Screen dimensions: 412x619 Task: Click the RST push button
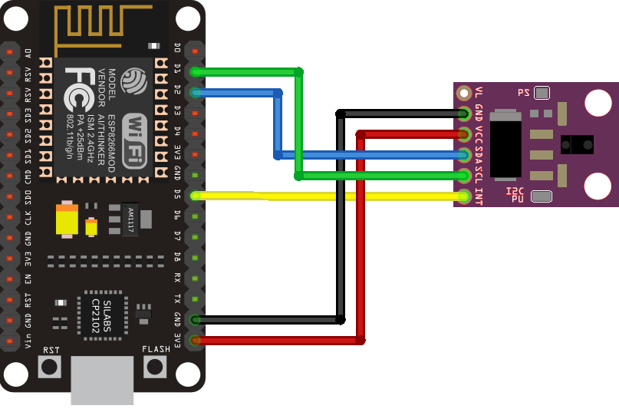tap(51, 366)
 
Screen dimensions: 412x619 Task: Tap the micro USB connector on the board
tap(102, 381)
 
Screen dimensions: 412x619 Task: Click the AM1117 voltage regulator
tap(128, 219)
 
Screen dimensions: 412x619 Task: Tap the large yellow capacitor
tap(67, 219)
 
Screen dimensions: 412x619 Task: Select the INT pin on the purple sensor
tap(464, 196)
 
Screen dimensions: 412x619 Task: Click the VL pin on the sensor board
tap(464, 93)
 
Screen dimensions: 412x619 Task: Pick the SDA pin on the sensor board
tap(464, 155)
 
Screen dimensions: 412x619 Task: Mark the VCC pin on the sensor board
tap(464, 134)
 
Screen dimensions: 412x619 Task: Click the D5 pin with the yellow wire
tap(196, 195)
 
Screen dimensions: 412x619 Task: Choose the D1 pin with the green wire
tap(196, 71)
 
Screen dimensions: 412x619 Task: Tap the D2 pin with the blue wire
tap(196, 92)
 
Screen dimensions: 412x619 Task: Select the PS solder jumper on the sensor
tap(542, 93)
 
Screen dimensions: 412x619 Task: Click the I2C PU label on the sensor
tap(515, 195)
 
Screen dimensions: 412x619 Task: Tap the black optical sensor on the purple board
tap(576, 143)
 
